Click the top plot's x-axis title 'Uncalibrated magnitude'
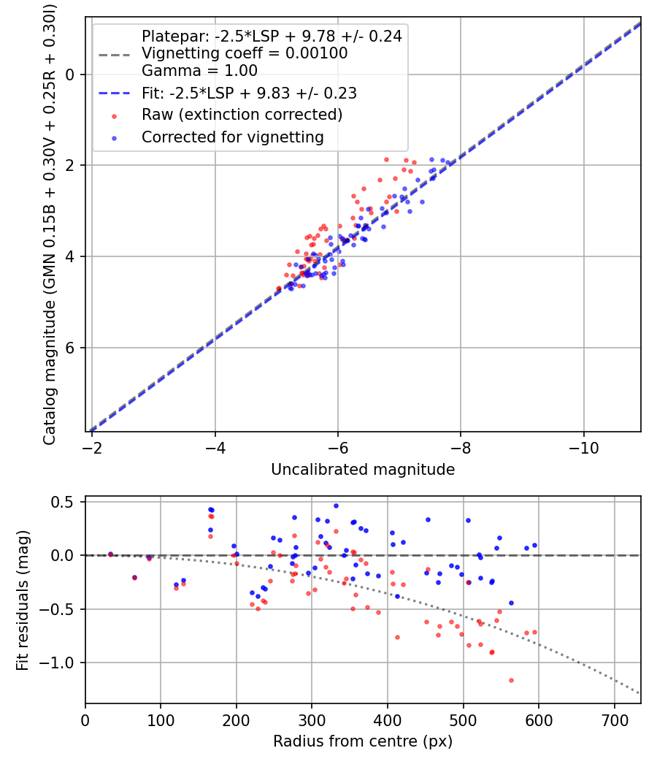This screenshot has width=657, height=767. (x=363, y=470)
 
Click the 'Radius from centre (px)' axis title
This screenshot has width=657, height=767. (x=363, y=741)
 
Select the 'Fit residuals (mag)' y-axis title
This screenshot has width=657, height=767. (x=23, y=600)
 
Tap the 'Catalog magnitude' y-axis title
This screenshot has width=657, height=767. (x=50, y=223)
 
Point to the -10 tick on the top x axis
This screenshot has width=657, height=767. (x=583, y=446)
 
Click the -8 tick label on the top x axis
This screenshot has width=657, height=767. (x=461, y=446)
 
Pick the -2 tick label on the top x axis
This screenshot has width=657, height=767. (x=92, y=446)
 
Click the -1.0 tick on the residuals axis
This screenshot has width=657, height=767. (x=60, y=663)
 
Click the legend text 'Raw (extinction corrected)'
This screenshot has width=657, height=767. (x=242, y=115)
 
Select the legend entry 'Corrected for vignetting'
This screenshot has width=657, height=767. (x=232, y=137)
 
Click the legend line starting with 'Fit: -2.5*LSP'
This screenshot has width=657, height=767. (x=249, y=94)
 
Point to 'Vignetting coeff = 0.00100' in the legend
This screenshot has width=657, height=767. (x=245, y=53)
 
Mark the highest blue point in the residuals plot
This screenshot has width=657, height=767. (x=336, y=505)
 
